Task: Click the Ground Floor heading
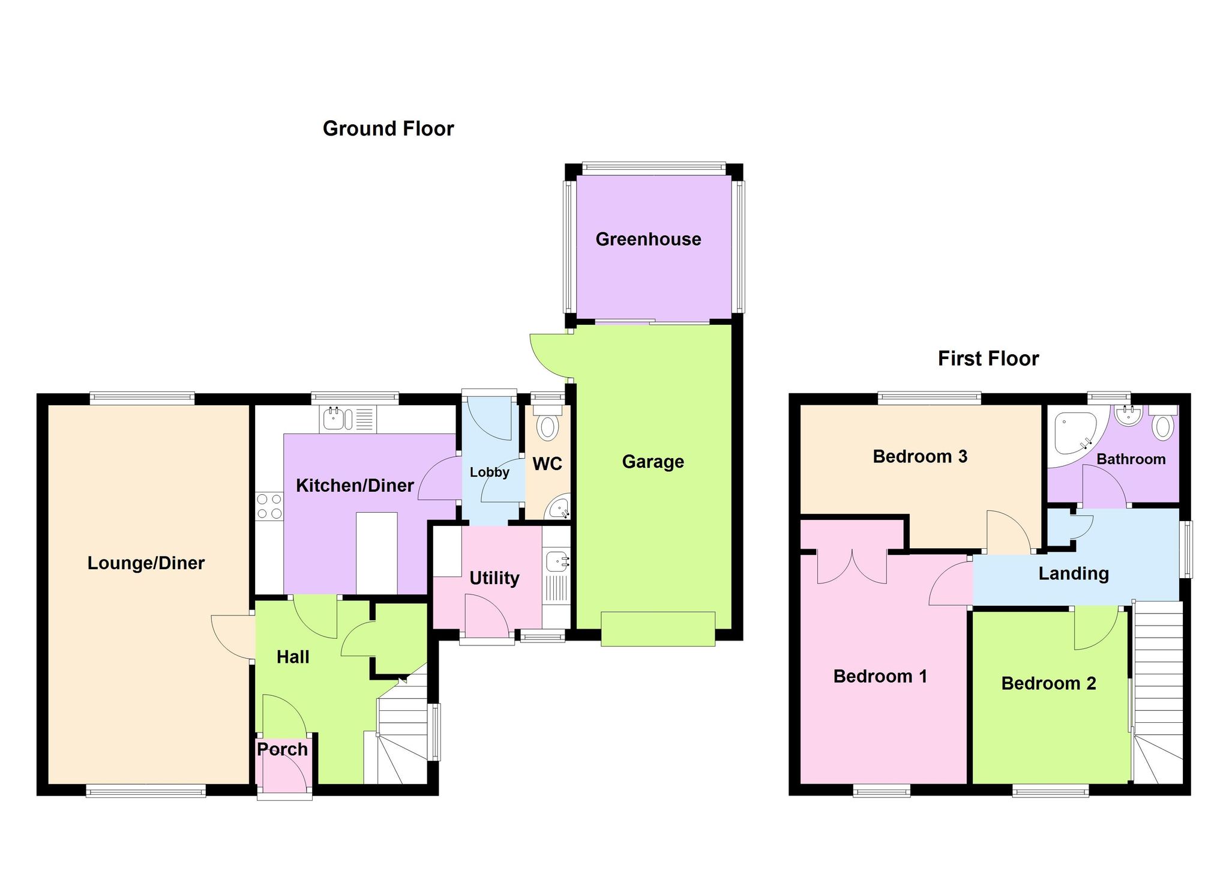click(x=388, y=128)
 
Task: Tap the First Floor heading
click(x=988, y=358)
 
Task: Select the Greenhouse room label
click(x=648, y=239)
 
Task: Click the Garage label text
click(x=653, y=461)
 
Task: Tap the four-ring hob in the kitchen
click(x=269, y=506)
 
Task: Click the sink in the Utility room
click(x=557, y=562)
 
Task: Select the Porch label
click(x=282, y=749)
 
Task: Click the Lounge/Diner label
click(x=146, y=563)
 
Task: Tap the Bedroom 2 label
click(x=1048, y=683)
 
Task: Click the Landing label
click(x=1073, y=573)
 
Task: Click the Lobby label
click(x=489, y=472)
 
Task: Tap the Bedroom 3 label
click(x=919, y=456)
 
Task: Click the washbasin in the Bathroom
click(x=1129, y=415)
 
